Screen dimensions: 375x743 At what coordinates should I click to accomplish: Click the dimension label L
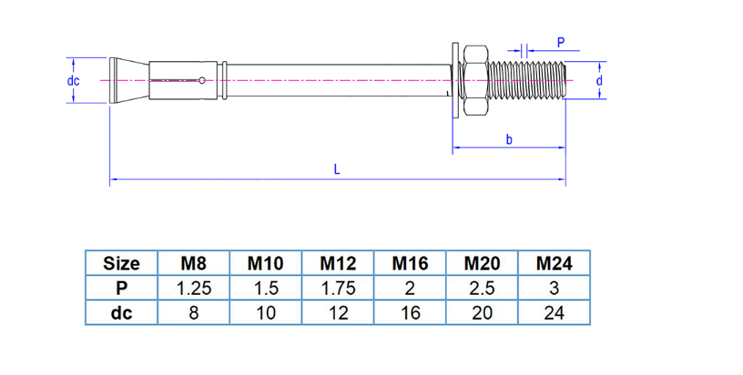coord(337,168)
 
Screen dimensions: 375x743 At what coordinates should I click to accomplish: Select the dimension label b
coord(508,139)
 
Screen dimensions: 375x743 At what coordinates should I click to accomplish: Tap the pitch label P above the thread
coord(561,42)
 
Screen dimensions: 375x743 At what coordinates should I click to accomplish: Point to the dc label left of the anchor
coord(74,81)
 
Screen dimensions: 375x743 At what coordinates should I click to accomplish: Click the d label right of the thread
coord(599,81)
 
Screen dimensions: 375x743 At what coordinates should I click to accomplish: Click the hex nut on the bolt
coord(475,81)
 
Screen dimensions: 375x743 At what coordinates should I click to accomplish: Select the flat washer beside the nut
coord(453,81)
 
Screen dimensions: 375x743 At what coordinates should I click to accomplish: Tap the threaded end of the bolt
coord(528,81)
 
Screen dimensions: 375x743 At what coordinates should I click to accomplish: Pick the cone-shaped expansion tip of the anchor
coord(127,81)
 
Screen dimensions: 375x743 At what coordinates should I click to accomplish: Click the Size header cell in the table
coord(121,264)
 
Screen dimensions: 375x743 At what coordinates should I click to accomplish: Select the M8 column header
coord(193,264)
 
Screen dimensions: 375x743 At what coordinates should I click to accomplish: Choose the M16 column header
coord(410,264)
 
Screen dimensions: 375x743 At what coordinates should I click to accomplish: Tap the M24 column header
coord(554,264)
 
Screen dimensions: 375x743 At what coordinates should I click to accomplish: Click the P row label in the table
coord(121,289)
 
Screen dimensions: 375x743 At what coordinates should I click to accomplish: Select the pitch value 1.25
coord(193,289)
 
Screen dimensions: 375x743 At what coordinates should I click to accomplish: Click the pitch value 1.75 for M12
coord(338,289)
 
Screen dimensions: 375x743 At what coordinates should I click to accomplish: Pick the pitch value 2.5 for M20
coord(482,289)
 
